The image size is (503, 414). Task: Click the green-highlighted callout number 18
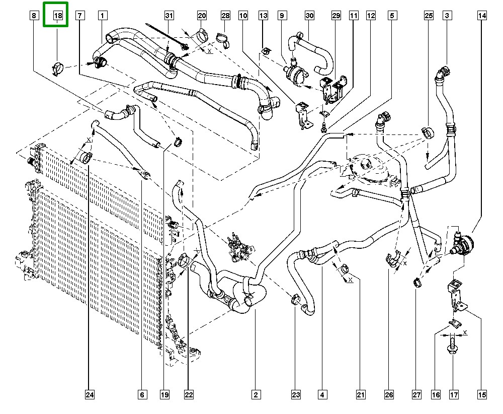[58, 16]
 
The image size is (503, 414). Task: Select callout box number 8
[33, 16]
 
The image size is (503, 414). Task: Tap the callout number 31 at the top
[169, 16]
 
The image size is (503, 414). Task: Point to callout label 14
[482, 16]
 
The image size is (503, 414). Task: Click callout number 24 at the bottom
[90, 394]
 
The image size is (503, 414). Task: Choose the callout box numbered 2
[256, 394]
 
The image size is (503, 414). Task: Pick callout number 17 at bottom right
[454, 394]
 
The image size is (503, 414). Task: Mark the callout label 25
[429, 16]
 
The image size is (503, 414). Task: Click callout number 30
[309, 16]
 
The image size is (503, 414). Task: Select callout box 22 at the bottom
[189, 394]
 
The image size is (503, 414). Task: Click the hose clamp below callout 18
[58, 65]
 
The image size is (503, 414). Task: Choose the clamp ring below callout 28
[222, 38]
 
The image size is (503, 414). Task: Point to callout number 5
[391, 16]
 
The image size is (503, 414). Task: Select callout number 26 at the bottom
[389, 394]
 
